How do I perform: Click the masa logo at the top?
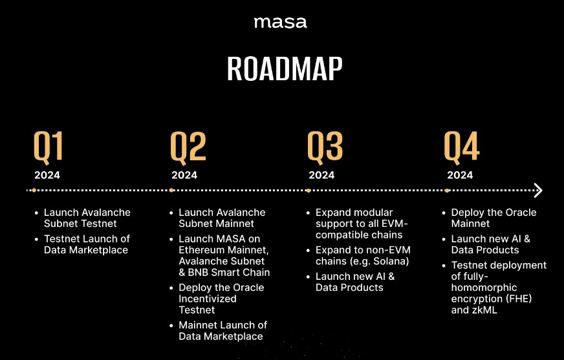click(x=280, y=23)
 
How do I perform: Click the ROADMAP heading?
click(x=285, y=69)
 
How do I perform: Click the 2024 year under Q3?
click(x=321, y=175)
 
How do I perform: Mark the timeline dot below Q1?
click(x=34, y=190)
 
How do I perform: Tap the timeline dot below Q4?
click(x=446, y=190)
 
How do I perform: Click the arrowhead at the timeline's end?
click(x=538, y=190)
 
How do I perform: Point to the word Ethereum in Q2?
click(x=201, y=250)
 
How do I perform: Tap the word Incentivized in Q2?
click(x=208, y=299)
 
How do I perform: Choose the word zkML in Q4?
click(x=485, y=310)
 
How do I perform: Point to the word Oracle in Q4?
click(x=521, y=213)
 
